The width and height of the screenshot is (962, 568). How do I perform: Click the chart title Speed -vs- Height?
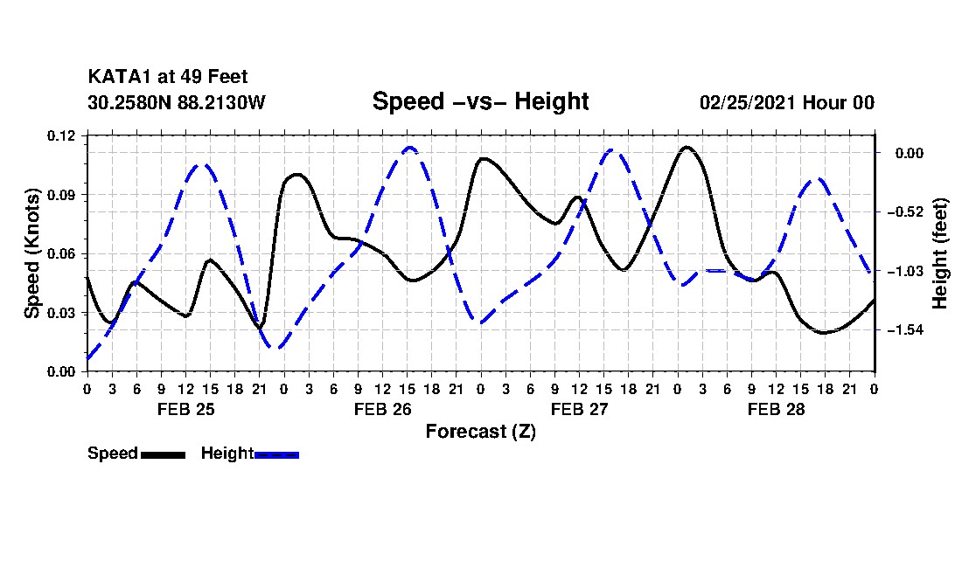tap(480, 101)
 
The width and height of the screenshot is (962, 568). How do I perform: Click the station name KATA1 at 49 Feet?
tap(168, 77)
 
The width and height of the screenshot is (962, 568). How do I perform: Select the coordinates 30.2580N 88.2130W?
tap(177, 102)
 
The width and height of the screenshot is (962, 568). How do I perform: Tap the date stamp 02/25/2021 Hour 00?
tap(787, 102)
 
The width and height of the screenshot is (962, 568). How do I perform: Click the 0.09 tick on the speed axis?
tap(60, 195)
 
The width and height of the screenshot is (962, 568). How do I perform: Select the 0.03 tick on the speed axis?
tap(60, 313)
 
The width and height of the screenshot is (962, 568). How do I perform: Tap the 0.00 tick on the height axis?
tap(910, 153)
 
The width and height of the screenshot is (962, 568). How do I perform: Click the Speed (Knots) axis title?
tap(32, 253)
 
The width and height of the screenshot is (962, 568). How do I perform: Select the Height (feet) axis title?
tap(939, 253)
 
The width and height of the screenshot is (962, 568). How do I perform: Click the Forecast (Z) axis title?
tap(481, 432)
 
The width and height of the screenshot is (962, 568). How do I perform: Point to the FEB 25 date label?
tap(186, 409)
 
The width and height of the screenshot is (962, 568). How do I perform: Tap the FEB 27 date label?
tap(579, 409)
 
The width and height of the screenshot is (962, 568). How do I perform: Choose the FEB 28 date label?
tap(776, 409)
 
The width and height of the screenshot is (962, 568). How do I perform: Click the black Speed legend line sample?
tap(164, 454)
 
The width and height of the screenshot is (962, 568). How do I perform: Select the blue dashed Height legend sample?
tap(276, 454)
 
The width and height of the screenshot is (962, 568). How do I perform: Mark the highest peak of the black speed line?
tap(687, 147)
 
